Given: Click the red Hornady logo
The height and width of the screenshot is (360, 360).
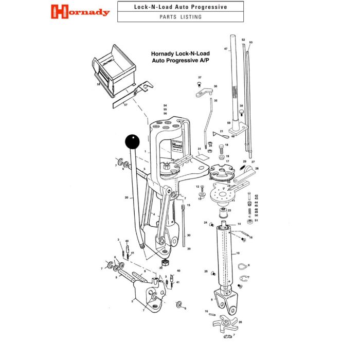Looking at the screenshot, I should coord(81,11).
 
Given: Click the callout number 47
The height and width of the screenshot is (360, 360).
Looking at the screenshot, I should coord(226,49).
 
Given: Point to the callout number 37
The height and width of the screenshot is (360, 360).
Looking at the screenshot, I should coord(200,77).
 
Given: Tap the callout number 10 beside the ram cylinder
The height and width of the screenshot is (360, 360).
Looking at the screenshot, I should coord(238,254).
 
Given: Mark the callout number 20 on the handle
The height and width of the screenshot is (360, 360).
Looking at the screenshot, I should coord(126,197).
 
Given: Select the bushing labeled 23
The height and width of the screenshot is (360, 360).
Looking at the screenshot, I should coord(224,211).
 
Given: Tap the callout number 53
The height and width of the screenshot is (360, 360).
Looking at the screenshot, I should coord(251,42).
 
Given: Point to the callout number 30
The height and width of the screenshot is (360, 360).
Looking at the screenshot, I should coord(189,235).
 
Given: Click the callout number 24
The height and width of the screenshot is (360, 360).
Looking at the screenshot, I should coord(205,223).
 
